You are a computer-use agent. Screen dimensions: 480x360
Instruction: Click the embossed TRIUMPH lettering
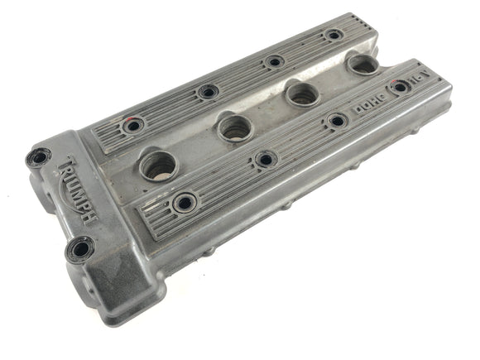click(x=77, y=190)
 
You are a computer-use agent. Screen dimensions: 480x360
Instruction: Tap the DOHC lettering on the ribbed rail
click(x=370, y=103)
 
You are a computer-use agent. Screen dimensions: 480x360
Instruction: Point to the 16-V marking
click(x=421, y=78)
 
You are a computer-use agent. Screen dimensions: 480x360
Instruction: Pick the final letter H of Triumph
click(x=89, y=217)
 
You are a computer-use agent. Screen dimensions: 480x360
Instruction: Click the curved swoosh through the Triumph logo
click(x=68, y=196)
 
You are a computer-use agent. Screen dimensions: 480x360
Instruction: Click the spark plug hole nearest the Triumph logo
click(x=159, y=166)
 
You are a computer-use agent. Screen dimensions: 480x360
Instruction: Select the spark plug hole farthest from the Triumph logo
click(x=363, y=65)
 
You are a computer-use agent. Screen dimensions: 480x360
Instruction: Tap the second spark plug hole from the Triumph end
click(x=235, y=128)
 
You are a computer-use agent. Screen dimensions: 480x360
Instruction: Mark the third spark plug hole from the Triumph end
click(x=303, y=93)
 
